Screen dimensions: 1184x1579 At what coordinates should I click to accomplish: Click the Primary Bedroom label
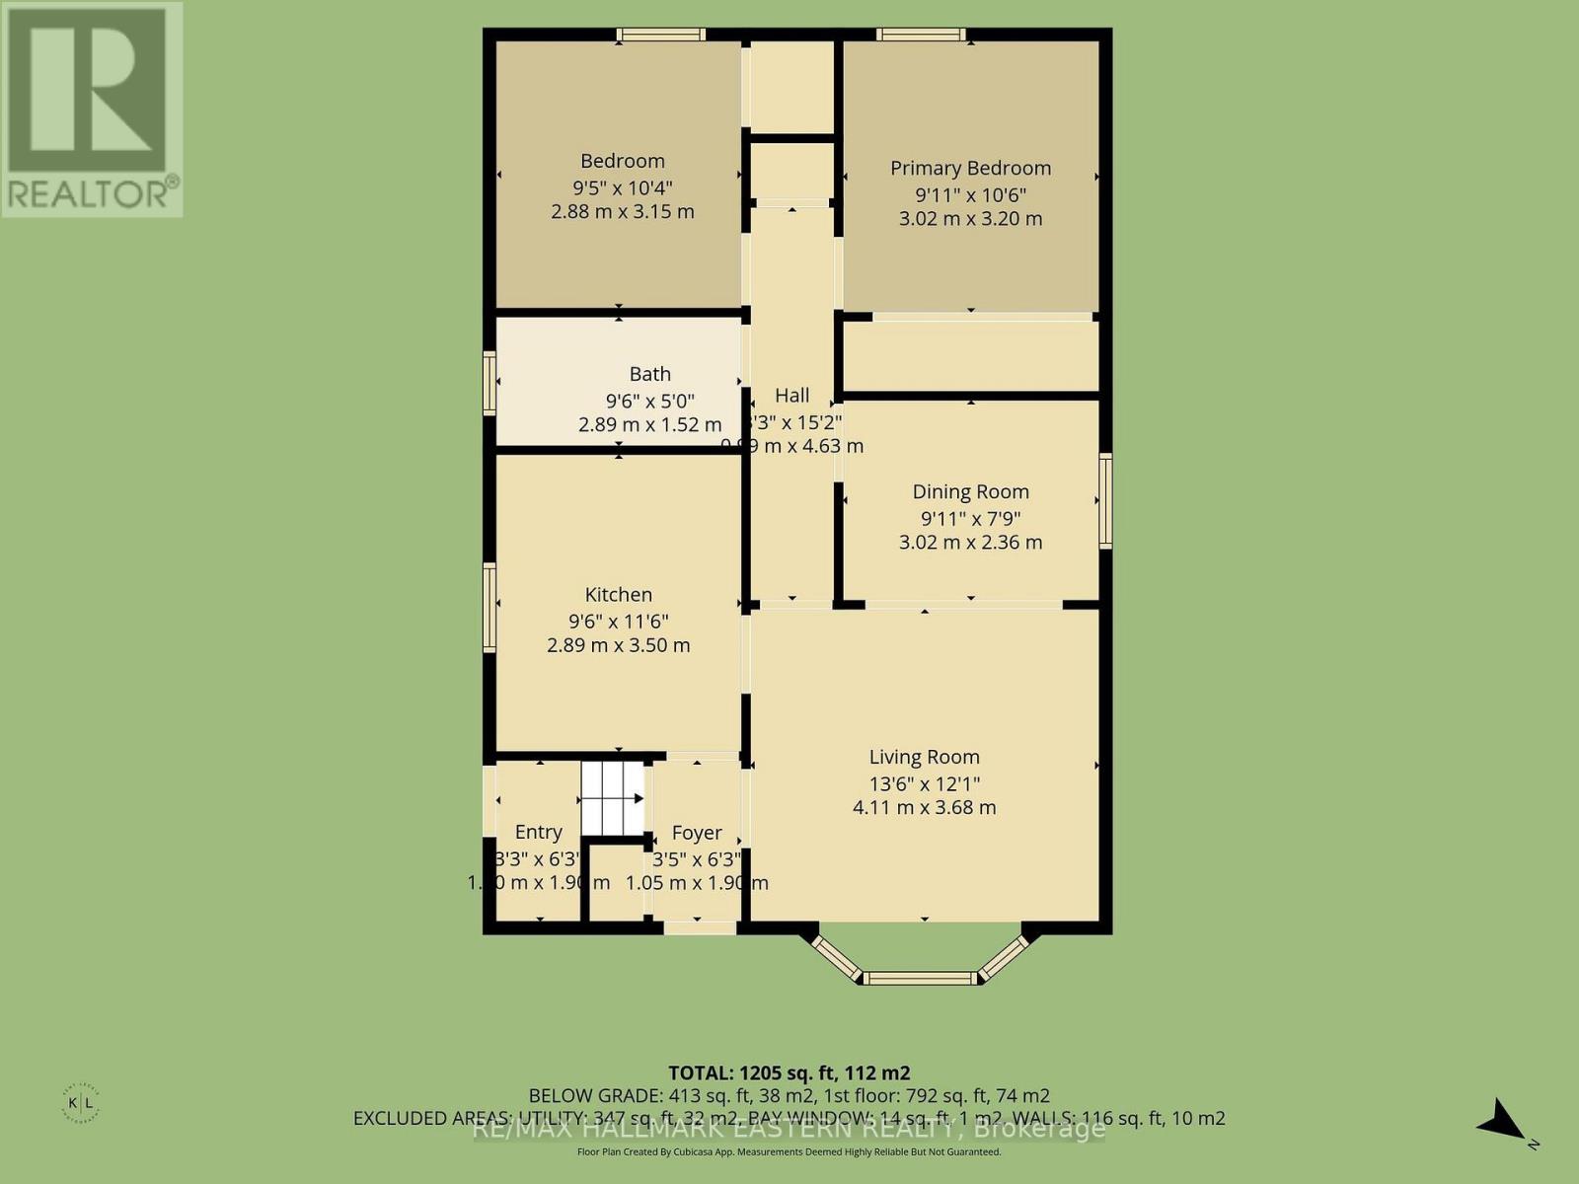(970, 168)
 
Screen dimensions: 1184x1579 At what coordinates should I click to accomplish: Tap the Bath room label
(649, 374)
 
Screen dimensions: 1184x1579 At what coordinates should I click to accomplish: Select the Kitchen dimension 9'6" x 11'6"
(618, 622)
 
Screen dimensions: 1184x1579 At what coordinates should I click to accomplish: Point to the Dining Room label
(970, 491)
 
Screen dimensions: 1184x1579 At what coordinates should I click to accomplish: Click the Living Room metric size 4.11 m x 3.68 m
(924, 807)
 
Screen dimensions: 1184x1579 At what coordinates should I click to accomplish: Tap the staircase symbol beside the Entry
(612, 798)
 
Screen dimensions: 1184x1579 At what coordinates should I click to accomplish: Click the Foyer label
(697, 833)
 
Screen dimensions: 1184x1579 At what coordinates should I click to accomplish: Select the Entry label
(538, 832)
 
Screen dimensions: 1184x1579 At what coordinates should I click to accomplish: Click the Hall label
(791, 396)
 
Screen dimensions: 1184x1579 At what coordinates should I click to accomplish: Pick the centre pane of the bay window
(920, 978)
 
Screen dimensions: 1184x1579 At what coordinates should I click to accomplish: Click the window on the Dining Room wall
(1105, 500)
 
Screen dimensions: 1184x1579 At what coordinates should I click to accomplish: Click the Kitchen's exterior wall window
(489, 607)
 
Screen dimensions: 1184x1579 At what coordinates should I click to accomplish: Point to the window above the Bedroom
(661, 35)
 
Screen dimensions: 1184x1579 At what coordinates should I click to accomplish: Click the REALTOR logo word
(92, 192)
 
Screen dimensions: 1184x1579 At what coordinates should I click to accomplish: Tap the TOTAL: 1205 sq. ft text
(789, 1073)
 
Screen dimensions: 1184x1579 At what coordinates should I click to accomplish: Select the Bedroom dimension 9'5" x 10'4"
(622, 187)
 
